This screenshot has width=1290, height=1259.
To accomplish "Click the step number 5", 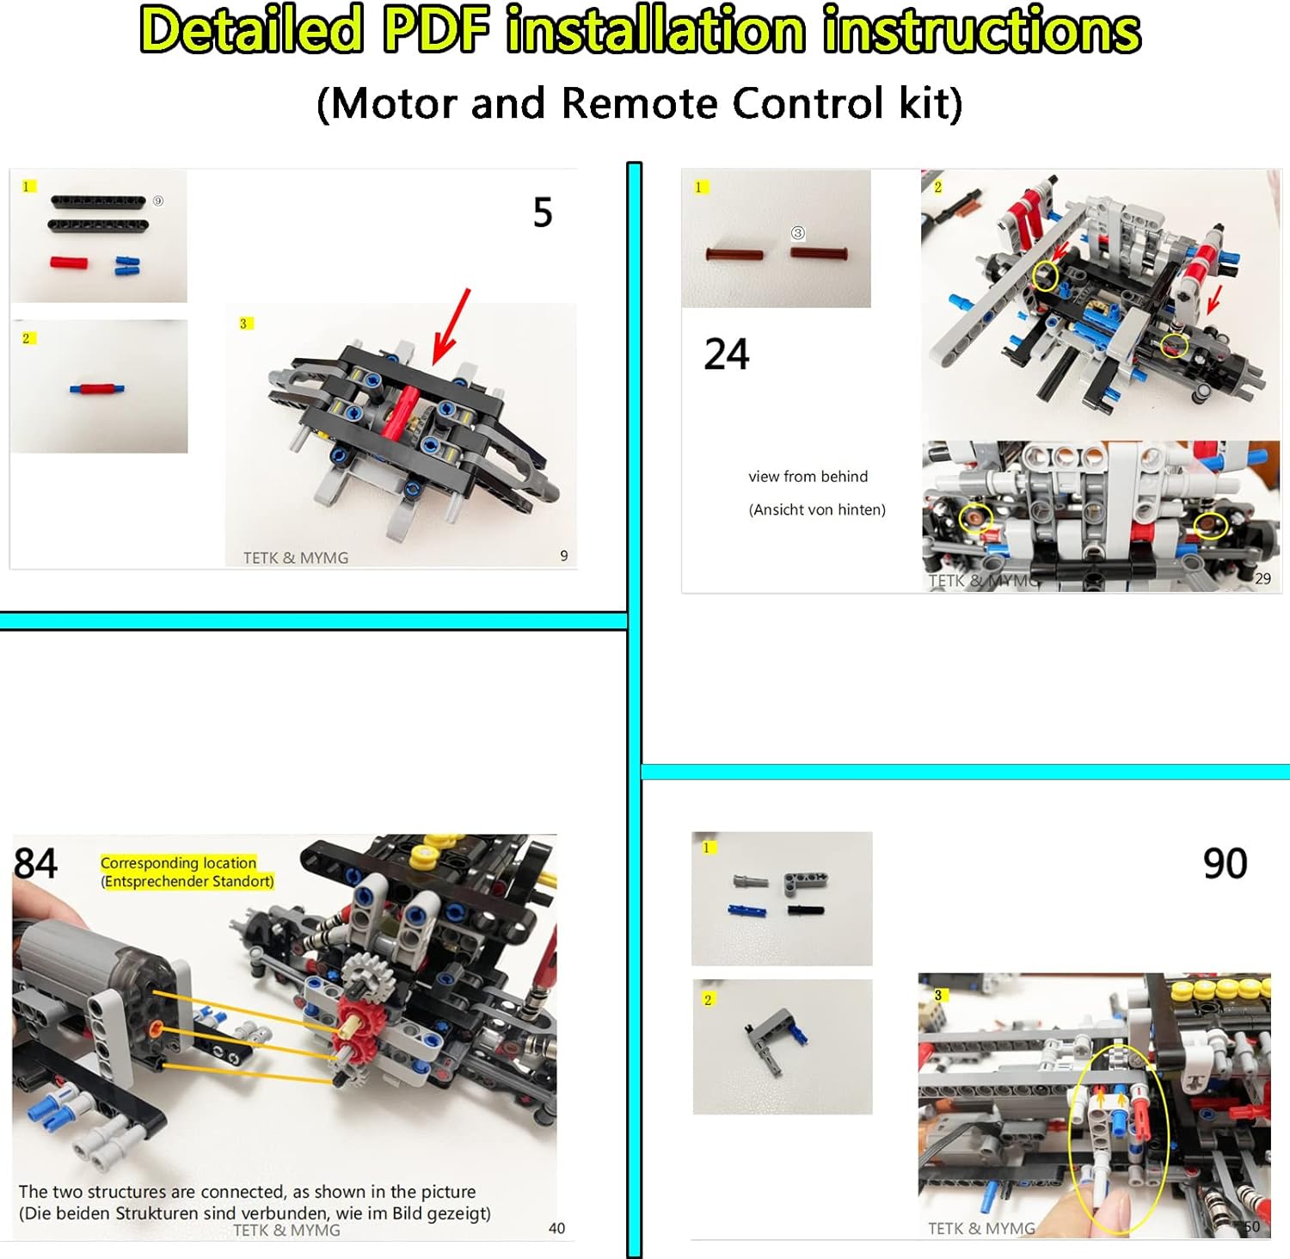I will click(x=542, y=213).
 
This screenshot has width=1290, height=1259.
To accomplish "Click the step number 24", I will click(x=727, y=355).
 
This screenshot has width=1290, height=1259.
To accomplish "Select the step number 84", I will click(x=35, y=863).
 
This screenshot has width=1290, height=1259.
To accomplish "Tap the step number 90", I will click(x=1225, y=863).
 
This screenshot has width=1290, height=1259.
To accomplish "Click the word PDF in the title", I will click(x=435, y=30).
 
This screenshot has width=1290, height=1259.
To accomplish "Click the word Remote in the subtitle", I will click(x=639, y=104).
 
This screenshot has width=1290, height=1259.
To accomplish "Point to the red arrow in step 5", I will click(x=452, y=326).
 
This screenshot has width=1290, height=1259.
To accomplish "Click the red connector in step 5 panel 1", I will click(x=69, y=262).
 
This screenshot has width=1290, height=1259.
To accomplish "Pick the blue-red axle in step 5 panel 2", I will click(x=96, y=389).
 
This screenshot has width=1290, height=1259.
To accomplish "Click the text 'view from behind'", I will click(x=808, y=477).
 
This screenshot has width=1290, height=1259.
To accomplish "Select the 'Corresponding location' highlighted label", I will click(x=179, y=862).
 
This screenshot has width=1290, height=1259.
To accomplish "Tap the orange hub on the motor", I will click(x=155, y=1028).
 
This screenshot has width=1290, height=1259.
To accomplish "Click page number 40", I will click(x=556, y=1228).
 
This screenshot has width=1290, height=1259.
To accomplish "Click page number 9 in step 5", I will click(x=563, y=556).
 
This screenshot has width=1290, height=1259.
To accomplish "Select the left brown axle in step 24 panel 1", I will click(x=734, y=255).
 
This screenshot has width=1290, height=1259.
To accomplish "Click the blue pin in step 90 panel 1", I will click(x=745, y=910).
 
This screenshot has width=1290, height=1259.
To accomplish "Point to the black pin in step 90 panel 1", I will click(x=805, y=910).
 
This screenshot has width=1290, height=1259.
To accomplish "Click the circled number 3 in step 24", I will click(x=798, y=233).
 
